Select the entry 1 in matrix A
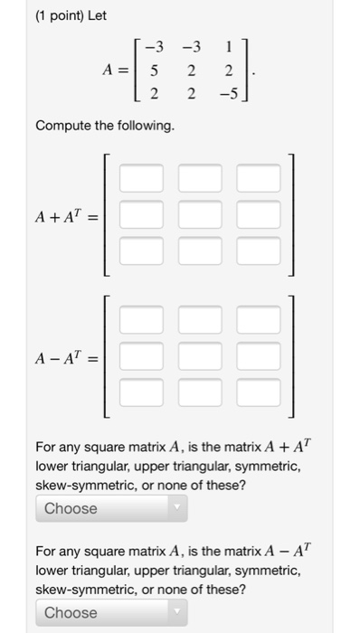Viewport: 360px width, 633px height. tap(229, 47)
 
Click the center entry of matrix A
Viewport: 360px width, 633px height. tap(192, 70)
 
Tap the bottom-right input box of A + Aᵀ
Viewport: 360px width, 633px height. tap(260, 250)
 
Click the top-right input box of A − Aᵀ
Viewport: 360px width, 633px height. tap(260, 319)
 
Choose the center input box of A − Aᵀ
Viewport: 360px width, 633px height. tap(200, 355)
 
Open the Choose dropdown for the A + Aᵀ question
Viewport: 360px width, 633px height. tap(110, 508)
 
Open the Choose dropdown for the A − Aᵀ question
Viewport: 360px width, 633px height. tap(110, 612)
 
